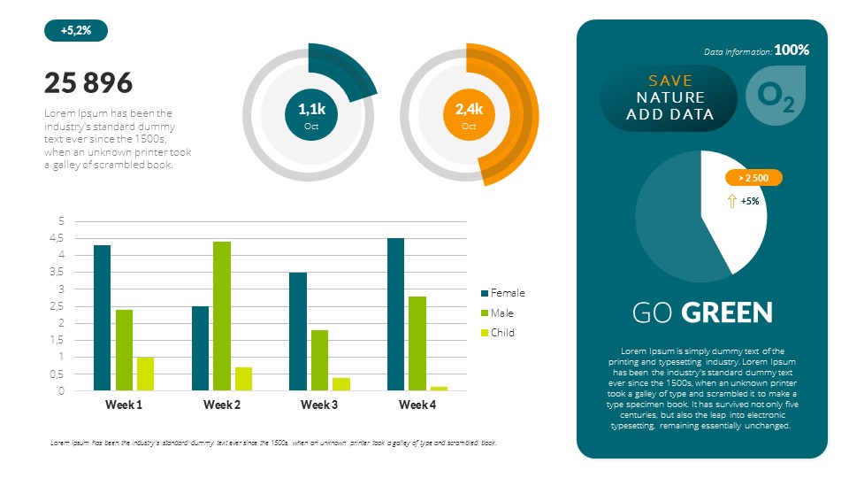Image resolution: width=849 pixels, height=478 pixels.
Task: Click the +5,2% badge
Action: tap(75, 31)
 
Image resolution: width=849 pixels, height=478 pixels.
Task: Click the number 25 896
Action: tap(88, 83)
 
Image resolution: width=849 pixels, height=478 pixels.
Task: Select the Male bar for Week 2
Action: tap(221, 315)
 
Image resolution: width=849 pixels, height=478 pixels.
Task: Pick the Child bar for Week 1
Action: tap(145, 374)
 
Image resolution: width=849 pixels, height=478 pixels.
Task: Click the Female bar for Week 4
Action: tap(395, 314)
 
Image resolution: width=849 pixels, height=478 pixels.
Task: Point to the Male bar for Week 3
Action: tap(319, 359)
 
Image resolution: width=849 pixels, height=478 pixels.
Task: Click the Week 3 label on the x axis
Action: tap(319, 405)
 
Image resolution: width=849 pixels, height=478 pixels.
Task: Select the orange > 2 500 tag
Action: tap(753, 178)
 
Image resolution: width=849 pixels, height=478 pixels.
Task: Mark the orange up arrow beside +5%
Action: tap(731, 201)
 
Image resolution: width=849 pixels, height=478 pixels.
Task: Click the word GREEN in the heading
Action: tap(727, 312)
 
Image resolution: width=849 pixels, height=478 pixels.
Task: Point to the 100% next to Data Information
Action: tap(792, 50)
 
